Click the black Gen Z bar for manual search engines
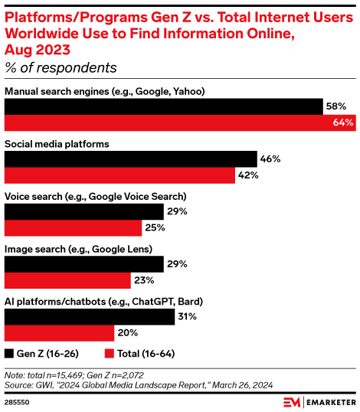pos(163,106)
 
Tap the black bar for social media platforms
pos(131,159)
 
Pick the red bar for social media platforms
pos(119,175)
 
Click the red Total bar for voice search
pos(74,228)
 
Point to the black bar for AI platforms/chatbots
pos(90,316)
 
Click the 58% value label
pos(336,106)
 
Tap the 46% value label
pos(270,159)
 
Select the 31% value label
pos(188,316)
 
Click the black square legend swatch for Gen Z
pos(9,354)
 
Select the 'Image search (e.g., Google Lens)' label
pos(79,249)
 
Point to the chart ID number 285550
pos(17,401)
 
